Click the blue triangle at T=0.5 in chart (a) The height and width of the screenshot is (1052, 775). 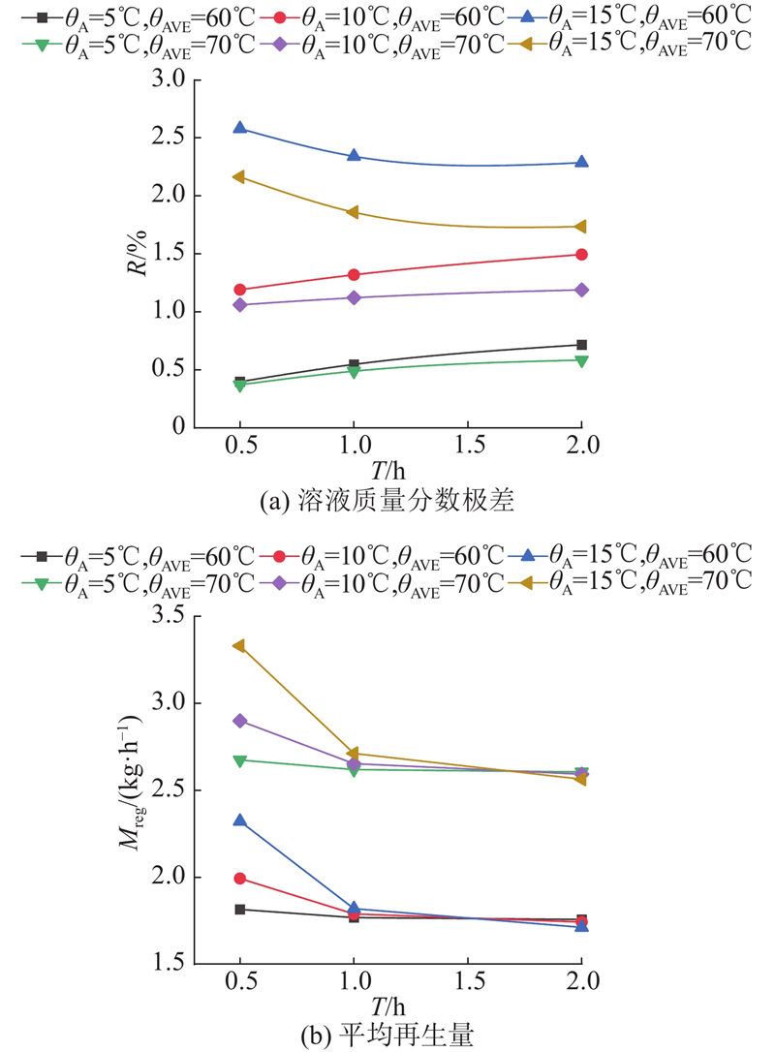(239, 128)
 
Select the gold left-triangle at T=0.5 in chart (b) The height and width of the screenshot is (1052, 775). (239, 645)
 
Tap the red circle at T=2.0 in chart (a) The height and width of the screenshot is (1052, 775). (581, 255)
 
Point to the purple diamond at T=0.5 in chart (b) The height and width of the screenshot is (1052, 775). (239, 721)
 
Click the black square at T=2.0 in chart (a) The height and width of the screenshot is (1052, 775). (581, 345)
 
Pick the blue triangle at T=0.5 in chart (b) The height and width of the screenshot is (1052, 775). (239, 820)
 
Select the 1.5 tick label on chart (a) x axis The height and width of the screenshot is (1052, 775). (467, 444)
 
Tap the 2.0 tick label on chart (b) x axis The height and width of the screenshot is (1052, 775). (581, 981)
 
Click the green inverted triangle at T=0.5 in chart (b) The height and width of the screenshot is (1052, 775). (239, 760)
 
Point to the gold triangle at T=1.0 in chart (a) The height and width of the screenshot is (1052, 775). (354, 212)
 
